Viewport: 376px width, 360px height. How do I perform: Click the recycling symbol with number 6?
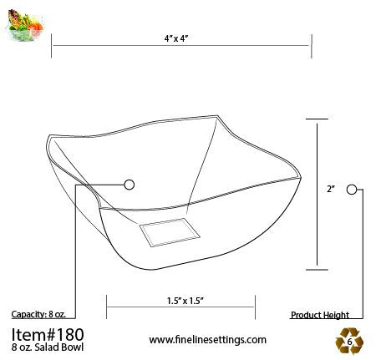pos(348,339)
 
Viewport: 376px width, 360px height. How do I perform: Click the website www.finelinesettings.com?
pos(207,339)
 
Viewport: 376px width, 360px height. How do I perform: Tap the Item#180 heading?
pos(48,333)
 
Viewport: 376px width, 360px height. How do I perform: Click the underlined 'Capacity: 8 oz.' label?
pos(38,315)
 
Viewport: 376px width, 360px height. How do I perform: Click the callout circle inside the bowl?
pos(129,184)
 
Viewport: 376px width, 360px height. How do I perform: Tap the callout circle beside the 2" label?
pos(352,190)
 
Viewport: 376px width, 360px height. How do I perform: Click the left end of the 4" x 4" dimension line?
pos(52,47)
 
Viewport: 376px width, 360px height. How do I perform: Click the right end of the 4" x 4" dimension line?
pos(312,47)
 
